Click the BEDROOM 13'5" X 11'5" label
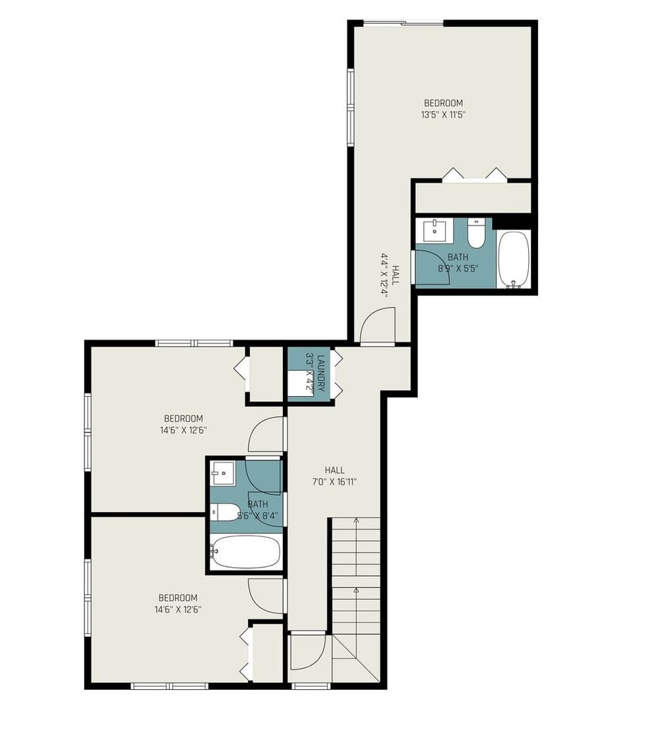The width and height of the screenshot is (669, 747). pyautogui.click(x=443, y=110)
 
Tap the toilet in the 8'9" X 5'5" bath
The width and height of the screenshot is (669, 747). pyautogui.click(x=476, y=234)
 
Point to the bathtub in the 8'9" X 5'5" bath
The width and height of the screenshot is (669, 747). pyautogui.click(x=514, y=259)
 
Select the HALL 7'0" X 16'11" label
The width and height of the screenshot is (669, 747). pyautogui.click(x=334, y=476)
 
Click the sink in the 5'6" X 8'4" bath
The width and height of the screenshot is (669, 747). pyautogui.click(x=223, y=474)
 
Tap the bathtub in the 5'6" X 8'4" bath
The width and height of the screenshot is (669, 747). pyautogui.click(x=247, y=552)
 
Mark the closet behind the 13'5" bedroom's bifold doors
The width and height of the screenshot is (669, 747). pyautogui.click(x=472, y=197)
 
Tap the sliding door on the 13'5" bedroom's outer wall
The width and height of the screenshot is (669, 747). pyautogui.click(x=403, y=24)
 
